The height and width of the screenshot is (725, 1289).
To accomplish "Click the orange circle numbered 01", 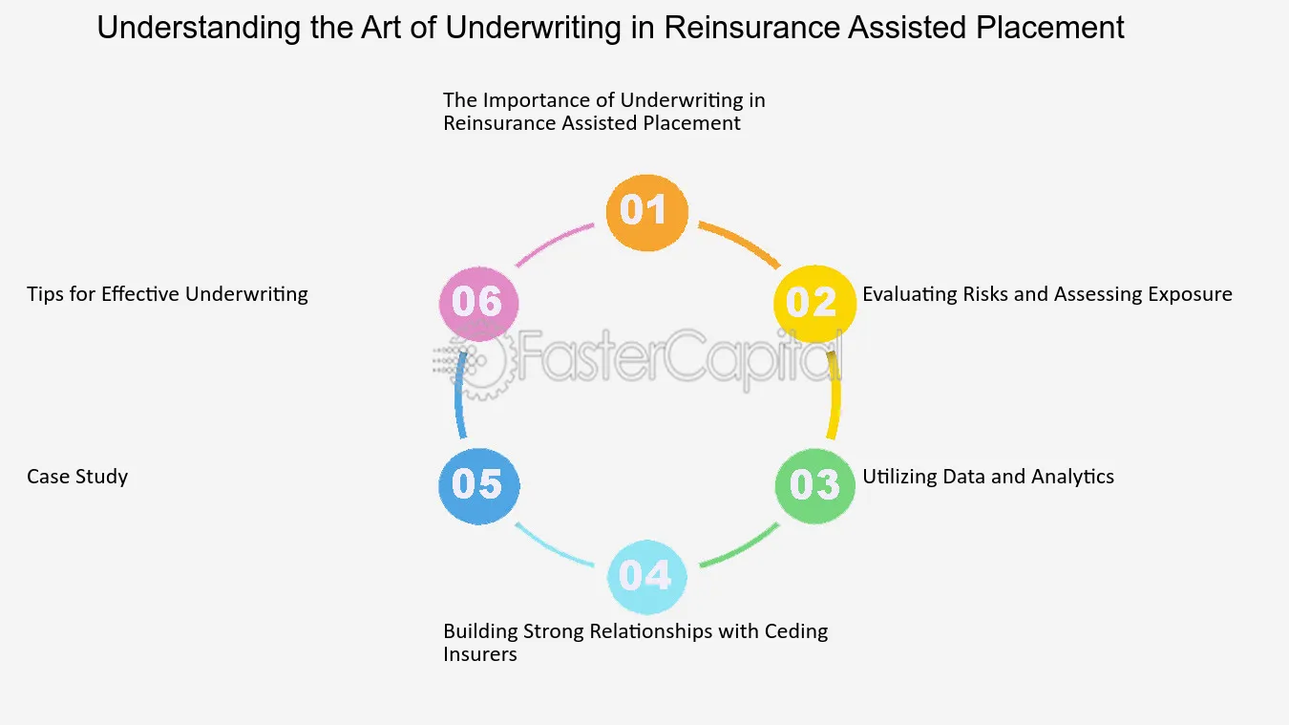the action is (x=646, y=212).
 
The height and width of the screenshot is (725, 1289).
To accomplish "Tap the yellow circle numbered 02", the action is (x=814, y=304).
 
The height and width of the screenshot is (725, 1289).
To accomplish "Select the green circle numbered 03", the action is (x=814, y=486).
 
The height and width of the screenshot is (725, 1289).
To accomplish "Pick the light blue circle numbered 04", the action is (x=646, y=576).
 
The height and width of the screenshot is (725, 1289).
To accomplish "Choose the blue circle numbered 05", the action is (x=478, y=486).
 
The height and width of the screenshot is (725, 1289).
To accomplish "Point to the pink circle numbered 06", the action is (x=478, y=304).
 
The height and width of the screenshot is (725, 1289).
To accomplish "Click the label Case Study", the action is (x=77, y=477).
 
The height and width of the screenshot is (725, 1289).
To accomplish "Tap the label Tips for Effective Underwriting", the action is (x=167, y=294).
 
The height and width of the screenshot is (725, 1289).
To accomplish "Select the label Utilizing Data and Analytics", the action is (x=988, y=477).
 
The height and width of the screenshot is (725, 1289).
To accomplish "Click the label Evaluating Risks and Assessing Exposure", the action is (x=1047, y=294).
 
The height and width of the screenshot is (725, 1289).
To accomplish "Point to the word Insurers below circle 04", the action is (x=480, y=654).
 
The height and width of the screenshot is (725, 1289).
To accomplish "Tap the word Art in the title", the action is (x=381, y=27).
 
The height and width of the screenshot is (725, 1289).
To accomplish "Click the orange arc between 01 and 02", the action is (x=741, y=243).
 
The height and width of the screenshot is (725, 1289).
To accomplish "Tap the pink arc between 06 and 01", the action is (x=553, y=243).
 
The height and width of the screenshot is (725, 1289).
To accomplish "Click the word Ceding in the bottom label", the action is (x=796, y=632).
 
